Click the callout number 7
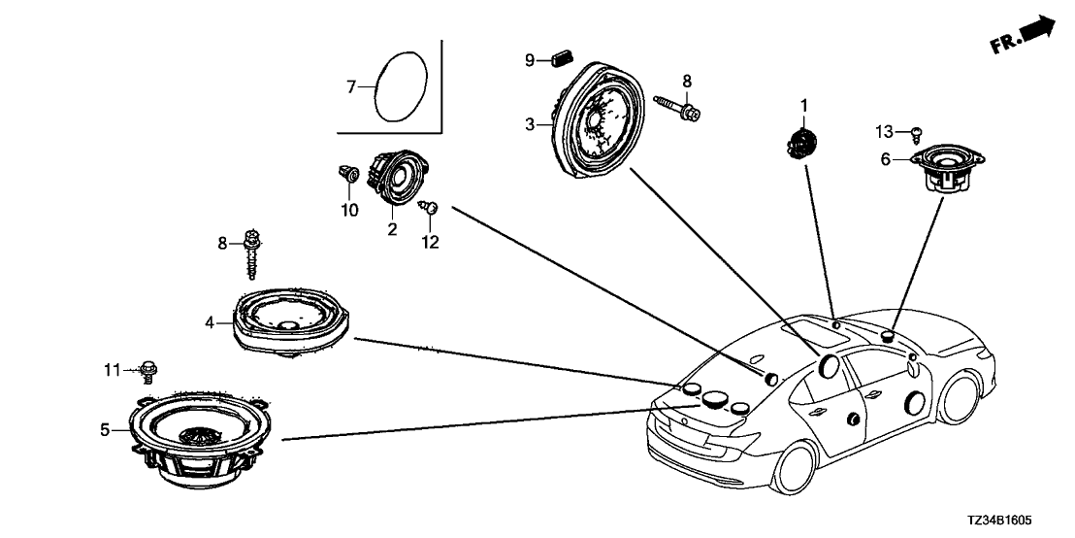(x=351, y=87)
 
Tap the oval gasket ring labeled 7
(x=400, y=86)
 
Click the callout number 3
(x=530, y=124)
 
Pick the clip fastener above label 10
(x=349, y=176)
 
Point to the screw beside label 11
(x=148, y=369)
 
